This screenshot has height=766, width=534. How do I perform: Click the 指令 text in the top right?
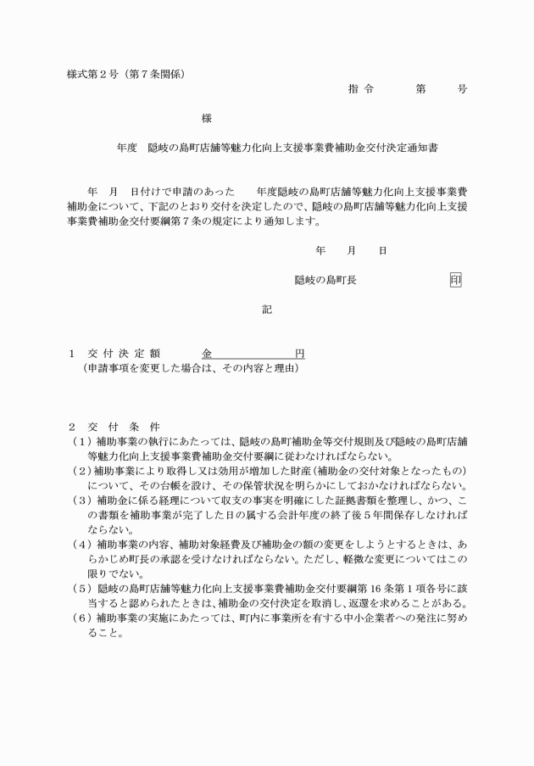coord(360,88)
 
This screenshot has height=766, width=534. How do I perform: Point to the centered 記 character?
coord(267,310)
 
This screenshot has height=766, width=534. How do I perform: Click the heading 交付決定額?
coord(124,353)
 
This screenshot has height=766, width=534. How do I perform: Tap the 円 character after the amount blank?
coord(299,353)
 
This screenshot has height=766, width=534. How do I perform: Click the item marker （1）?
coord(81,441)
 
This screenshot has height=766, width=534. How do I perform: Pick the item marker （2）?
coord(81,470)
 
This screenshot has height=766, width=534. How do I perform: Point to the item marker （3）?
coord(81,500)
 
